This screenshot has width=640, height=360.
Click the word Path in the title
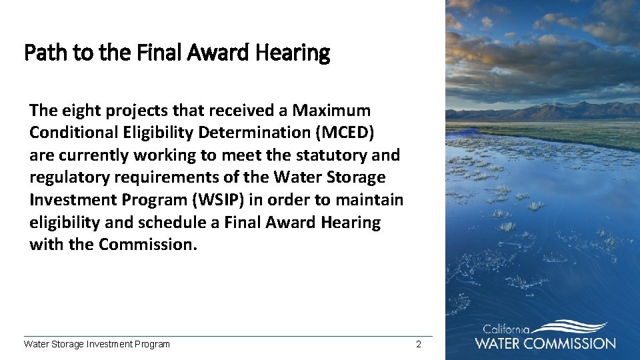coord(42,52)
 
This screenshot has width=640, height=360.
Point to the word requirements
coord(159,177)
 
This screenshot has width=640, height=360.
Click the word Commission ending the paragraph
coord(148,244)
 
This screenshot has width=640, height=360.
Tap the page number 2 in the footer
coord(418,344)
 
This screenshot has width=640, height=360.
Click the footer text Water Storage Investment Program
coord(97,344)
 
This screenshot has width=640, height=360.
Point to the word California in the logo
coord(506,329)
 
